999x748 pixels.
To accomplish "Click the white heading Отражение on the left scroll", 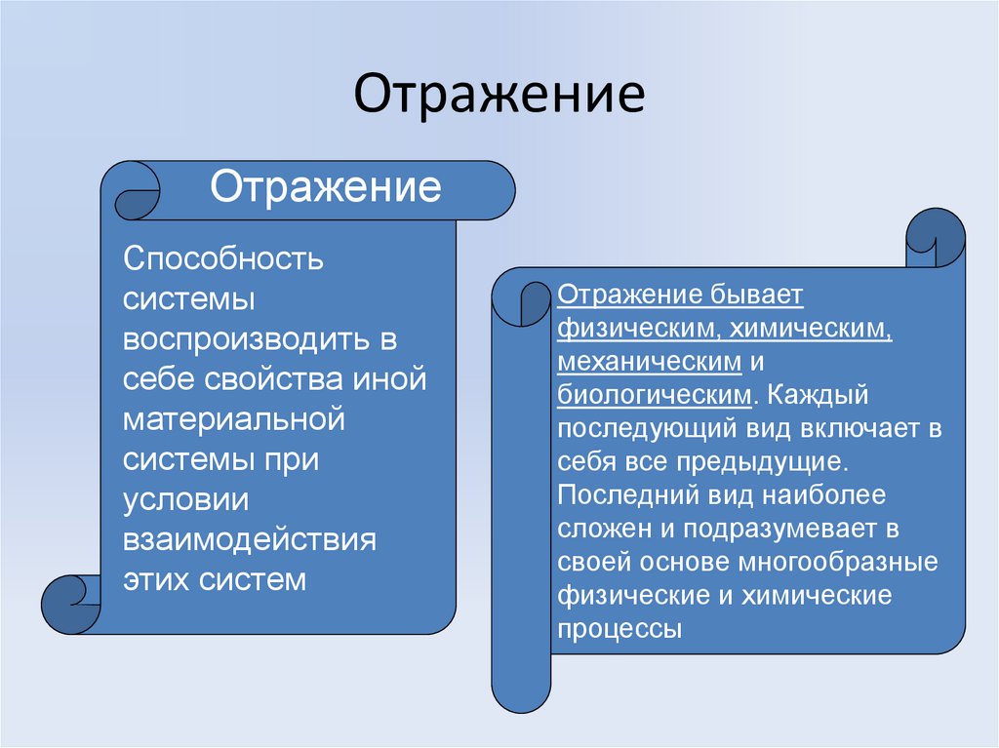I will click(x=327, y=186).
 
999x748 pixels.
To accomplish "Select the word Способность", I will click(x=223, y=260).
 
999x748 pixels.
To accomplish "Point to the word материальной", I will click(x=235, y=419).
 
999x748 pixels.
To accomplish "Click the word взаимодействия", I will click(x=250, y=540).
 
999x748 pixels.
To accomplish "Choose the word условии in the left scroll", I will click(x=186, y=500).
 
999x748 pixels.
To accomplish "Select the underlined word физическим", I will click(x=634, y=329).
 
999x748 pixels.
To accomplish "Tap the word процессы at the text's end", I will click(x=619, y=629).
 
